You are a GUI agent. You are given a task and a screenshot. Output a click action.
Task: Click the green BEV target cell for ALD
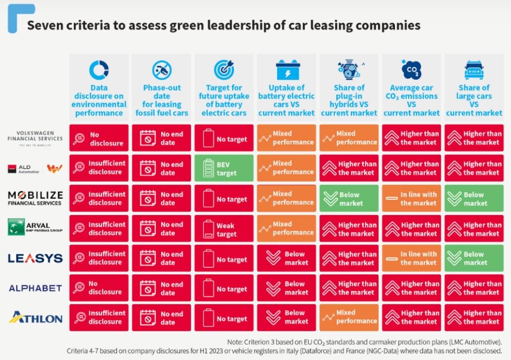point(224,168)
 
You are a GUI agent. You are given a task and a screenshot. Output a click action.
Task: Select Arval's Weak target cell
point(224,229)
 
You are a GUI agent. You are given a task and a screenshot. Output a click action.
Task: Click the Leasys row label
point(35,258)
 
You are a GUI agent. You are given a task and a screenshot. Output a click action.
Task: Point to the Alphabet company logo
point(35,288)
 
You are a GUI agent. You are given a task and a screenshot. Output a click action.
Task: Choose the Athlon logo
point(35,318)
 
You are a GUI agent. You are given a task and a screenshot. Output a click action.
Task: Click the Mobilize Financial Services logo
point(35,198)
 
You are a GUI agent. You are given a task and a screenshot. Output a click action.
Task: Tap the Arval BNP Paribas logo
point(35,228)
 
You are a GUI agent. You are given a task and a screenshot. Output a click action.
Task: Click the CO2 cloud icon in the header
point(411,70)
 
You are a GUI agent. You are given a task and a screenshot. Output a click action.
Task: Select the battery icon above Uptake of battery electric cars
point(287,70)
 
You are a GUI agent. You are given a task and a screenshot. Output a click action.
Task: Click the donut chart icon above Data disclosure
point(99,70)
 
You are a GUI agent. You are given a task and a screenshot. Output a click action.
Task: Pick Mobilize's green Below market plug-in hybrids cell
point(349,198)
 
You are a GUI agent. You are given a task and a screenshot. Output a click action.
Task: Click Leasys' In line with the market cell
point(411,258)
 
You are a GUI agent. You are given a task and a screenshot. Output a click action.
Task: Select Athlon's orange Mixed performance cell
point(349,317)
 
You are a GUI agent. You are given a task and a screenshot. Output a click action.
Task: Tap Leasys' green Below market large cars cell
point(474,258)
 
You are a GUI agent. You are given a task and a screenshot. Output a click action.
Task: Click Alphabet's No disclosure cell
point(99,288)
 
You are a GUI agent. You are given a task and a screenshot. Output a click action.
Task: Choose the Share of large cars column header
point(474,100)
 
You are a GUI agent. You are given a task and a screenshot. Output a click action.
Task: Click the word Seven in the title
point(43,25)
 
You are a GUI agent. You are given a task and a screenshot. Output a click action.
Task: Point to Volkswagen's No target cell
point(224,139)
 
